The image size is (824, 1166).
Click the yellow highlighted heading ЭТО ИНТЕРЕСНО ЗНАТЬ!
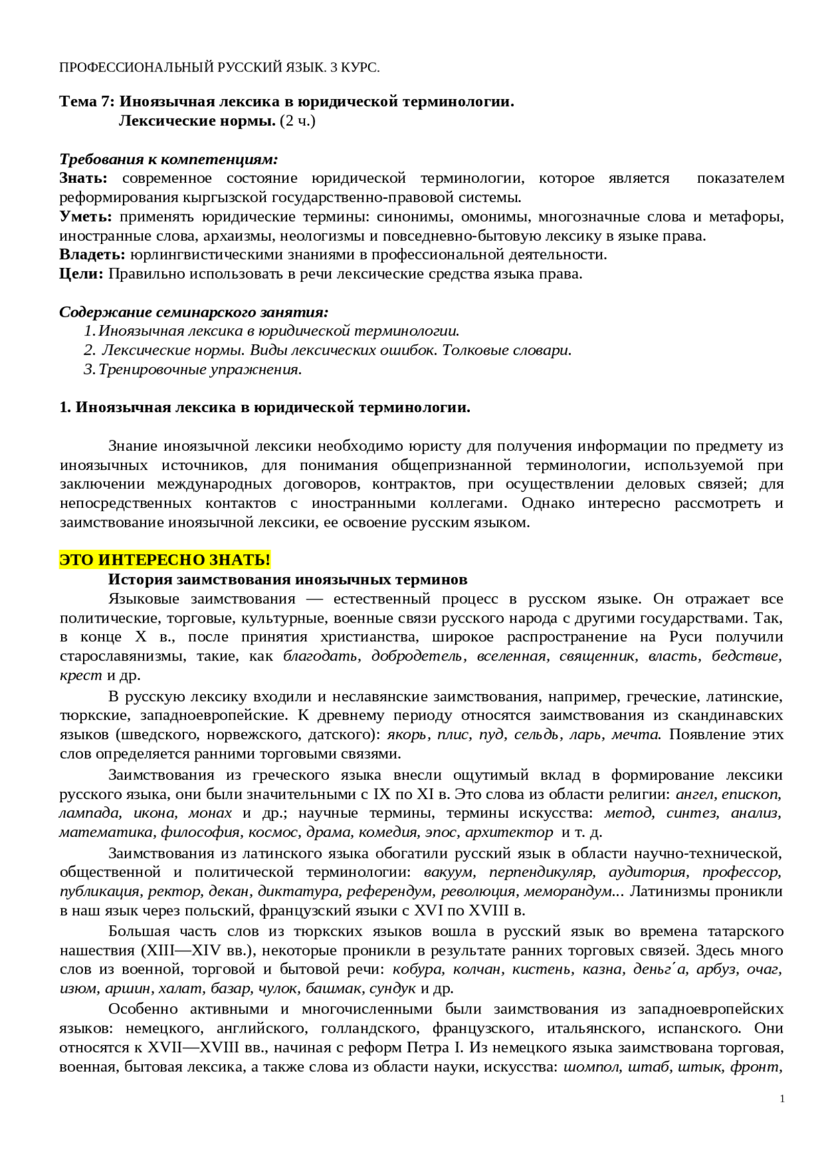tap(165, 560)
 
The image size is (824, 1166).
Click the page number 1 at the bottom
tap(782, 1099)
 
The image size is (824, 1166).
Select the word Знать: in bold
tap(83, 178)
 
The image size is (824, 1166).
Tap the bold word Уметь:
tap(86, 217)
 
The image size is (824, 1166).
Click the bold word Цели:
tap(81, 274)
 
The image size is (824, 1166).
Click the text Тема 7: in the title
tap(87, 102)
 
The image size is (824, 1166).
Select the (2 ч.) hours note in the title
tap(297, 121)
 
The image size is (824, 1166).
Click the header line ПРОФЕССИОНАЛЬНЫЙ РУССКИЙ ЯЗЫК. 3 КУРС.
tap(220, 68)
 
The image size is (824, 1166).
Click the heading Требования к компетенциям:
tap(169, 159)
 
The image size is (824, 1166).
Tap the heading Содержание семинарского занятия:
tap(194, 312)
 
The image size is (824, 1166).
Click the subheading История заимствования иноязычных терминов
tap(288, 579)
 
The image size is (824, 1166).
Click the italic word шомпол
tap(591, 1067)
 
